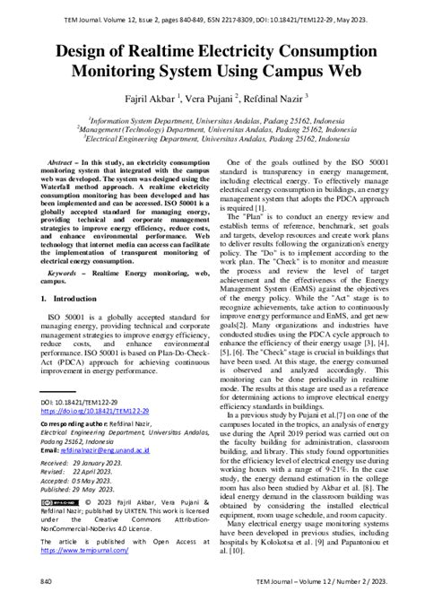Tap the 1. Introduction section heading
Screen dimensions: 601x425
(x=72, y=298)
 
